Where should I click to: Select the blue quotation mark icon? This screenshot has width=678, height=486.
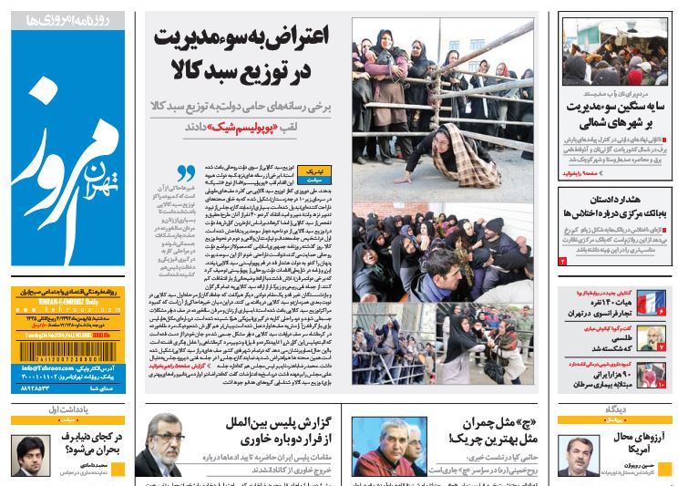click(x=186, y=171)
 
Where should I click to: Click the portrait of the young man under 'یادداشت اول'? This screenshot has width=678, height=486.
click(x=30, y=456)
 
